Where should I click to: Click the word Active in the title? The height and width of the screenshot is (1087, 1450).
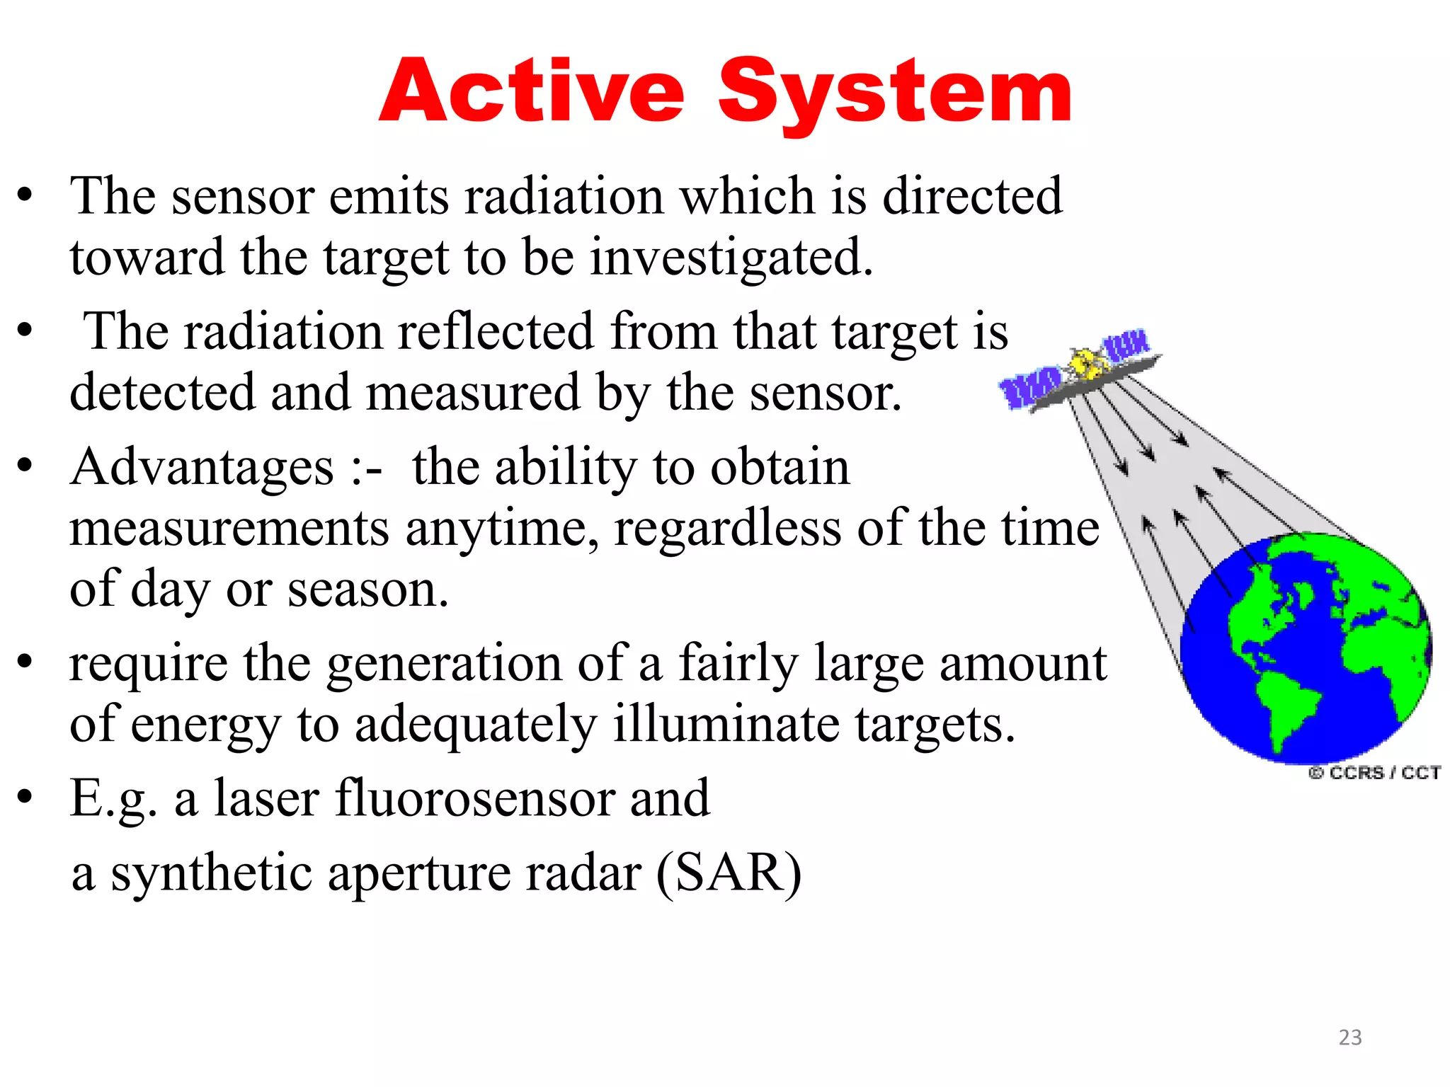pos(532,92)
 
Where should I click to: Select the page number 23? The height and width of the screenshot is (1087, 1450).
pos(1349,1037)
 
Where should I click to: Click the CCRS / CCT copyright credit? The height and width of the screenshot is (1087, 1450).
pos(1374,772)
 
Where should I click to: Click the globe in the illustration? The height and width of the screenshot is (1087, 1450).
pos(1306,648)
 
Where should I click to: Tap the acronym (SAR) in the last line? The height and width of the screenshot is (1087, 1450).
pos(729,872)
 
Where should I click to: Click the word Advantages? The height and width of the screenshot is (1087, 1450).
pos(202,468)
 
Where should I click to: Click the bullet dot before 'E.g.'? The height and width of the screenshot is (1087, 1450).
pos(25,797)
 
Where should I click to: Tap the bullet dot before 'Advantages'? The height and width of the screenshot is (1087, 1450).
pos(25,466)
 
